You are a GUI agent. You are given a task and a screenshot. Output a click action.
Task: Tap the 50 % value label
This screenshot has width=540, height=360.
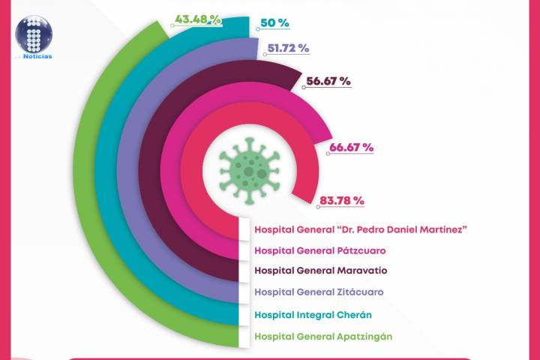coord(274,23)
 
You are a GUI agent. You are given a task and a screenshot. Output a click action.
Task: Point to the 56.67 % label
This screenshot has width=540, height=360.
coord(328,82)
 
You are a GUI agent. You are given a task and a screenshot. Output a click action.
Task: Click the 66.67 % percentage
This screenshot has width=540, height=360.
coord(350,147)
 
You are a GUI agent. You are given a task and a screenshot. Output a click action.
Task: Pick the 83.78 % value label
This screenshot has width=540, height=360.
coord(341,200)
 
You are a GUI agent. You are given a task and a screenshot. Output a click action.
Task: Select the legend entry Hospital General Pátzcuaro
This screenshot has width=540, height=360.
coord(322,250)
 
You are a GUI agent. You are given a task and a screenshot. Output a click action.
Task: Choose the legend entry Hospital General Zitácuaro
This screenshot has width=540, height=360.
coord(319,292)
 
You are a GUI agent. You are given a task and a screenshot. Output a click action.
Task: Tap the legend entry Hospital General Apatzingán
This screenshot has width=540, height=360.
coord(323,336)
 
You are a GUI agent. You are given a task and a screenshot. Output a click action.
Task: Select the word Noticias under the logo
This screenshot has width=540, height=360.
coord(37,55)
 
